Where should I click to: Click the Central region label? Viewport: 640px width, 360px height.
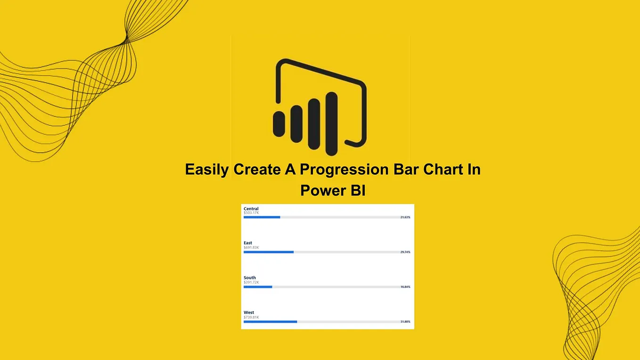pyautogui.click(x=251, y=209)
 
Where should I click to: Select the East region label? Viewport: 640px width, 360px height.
pyautogui.click(x=248, y=243)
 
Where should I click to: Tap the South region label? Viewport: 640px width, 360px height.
pyautogui.click(x=250, y=278)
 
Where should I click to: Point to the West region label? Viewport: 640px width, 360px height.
pyautogui.click(x=249, y=312)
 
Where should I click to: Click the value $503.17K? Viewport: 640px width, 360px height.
pyautogui.click(x=251, y=213)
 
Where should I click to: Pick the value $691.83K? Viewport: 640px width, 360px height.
pyautogui.click(x=251, y=247)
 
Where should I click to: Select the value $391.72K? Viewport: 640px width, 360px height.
pyautogui.click(x=251, y=282)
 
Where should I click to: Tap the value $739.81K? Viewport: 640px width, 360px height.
pyautogui.click(x=251, y=317)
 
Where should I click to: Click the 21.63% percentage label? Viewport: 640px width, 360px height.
pyautogui.click(x=405, y=217)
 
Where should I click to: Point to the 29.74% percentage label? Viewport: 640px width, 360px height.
pyautogui.click(x=405, y=252)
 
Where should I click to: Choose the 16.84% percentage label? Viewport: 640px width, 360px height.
pyautogui.click(x=405, y=286)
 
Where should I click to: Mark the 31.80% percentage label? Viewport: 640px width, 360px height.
pyautogui.click(x=405, y=321)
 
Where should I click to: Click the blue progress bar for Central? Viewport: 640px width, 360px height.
pyautogui.click(x=262, y=217)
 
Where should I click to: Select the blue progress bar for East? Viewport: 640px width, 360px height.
pyautogui.click(x=269, y=252)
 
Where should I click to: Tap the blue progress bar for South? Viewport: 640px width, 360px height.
pyautogui.click(x=258, y=286)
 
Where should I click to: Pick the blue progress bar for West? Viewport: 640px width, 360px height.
pyautogui.click(x=270, y=321)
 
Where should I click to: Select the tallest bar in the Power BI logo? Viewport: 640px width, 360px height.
pyautogui.click(x=332, y=123)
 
